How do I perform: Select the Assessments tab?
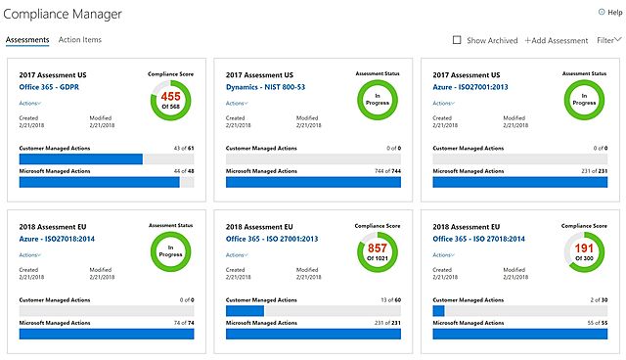(x=27, y=40)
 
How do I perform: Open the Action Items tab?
(x=80, y=40)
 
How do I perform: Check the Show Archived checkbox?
(x=457, y=40)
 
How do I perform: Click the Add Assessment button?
(x=556, y=40)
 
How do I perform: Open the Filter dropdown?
(x=608, y=40)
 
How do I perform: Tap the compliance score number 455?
(x=170, y=97)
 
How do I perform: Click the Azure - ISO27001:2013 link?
(x=472, y=87)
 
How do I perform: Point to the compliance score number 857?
(x=377, y=248)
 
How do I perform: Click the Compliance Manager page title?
(x=65, y=14)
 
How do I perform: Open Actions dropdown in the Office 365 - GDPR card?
(x=30, y=103)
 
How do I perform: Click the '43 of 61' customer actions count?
(x=182, y=148)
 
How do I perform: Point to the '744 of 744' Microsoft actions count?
(x=388, y=171)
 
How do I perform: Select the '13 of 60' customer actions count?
(x=389, y=299)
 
